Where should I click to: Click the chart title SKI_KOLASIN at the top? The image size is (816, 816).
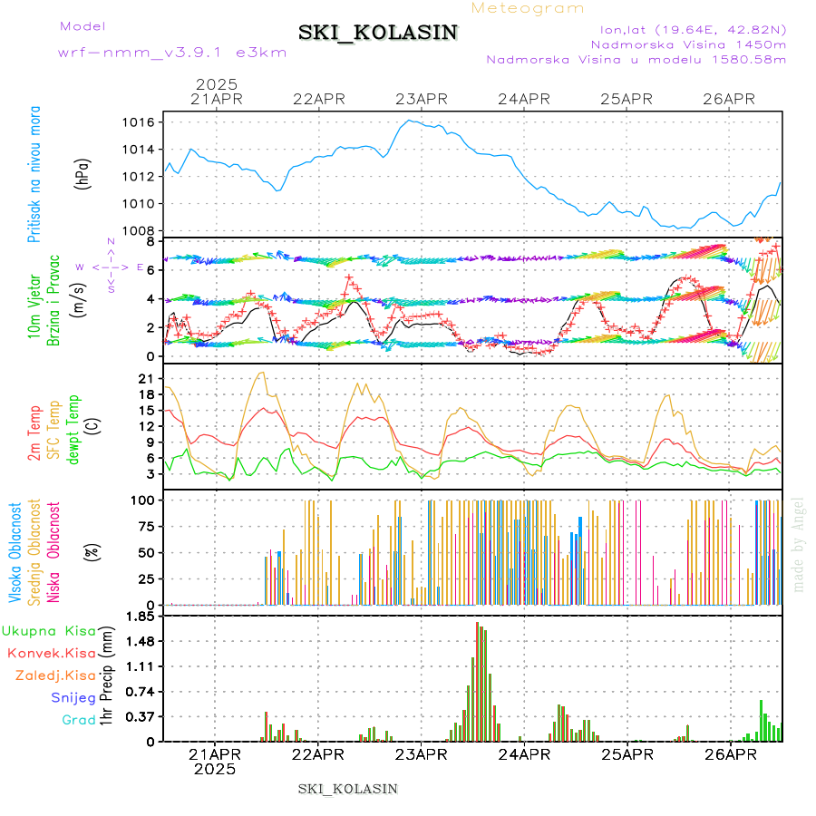coord(378,33)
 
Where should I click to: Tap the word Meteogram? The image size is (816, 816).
coord(528,8)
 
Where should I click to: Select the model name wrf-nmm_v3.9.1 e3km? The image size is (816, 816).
coord(172,53)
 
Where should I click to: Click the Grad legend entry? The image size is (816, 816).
coord(79,720)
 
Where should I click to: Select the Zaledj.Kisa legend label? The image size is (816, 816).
coord(55,675)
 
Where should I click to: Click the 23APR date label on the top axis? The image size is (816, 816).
coord(421,99)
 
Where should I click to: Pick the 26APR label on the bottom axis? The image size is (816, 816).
coord(730,753)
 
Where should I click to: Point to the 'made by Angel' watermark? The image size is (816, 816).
coord(799,544)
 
